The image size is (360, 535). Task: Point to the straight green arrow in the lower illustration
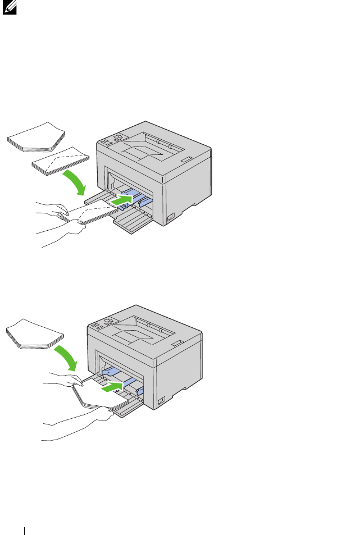tap(112, 386)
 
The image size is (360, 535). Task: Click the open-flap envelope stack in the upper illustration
tap(37, 138)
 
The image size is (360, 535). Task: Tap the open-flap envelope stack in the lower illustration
tap(34, 335)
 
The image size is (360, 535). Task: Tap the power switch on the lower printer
tap(161, 401)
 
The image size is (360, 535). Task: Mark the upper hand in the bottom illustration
tap(62, 379)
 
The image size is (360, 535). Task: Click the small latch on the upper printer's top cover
tap(186, 161)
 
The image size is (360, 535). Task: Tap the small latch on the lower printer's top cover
tap(176, 342)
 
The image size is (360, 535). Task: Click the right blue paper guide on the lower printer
tap(139, 390)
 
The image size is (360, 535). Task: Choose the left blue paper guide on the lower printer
tap(110, 371)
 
